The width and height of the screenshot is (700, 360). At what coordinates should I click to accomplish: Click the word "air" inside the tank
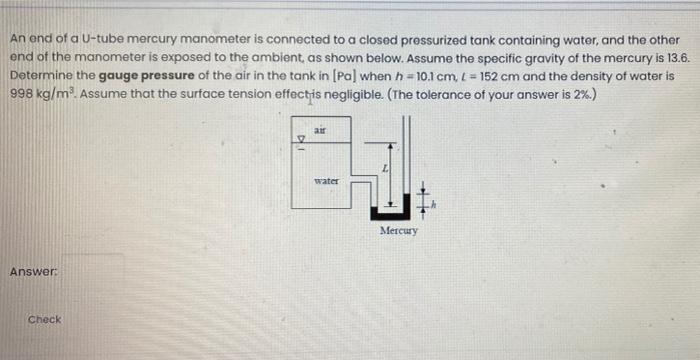(x=320, y=130)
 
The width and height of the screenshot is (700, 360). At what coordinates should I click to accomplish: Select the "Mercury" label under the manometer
(x=398, y=230)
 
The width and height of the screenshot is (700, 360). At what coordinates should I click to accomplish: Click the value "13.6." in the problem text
(x=677, y=60)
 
